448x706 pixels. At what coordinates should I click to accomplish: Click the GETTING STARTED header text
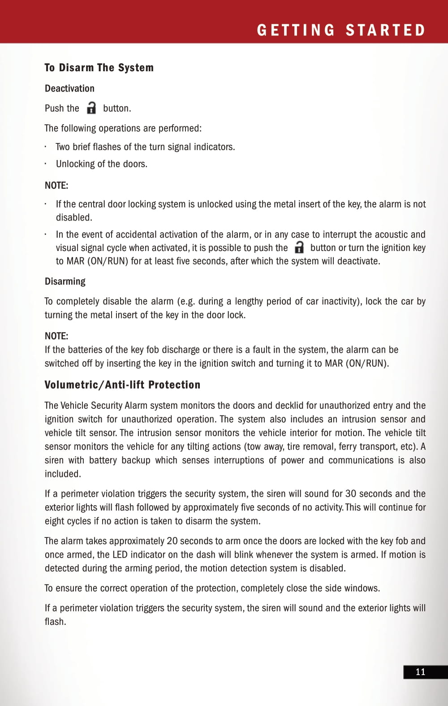[x=341, y=30]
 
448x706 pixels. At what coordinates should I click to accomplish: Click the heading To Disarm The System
[x=99, y=68]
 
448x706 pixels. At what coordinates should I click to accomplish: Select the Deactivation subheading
[x=69, y=88]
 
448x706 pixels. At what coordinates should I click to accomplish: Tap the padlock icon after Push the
[x=91, y=108]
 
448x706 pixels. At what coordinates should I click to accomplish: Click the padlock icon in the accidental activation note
[x=299, y=247]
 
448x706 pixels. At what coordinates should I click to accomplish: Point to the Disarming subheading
[x=65, y=282]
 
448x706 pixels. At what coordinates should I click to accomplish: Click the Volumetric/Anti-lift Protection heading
[x=122, y=385]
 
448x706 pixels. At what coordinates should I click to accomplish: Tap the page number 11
[x=420, y=671]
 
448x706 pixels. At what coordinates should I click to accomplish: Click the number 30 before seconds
[x=351, y=494]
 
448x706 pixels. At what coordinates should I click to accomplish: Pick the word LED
[x=120, y=554]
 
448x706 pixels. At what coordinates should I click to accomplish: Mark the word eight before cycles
[x=55, y=521]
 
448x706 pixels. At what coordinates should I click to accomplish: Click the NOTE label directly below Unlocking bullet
[x=56, y=186]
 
